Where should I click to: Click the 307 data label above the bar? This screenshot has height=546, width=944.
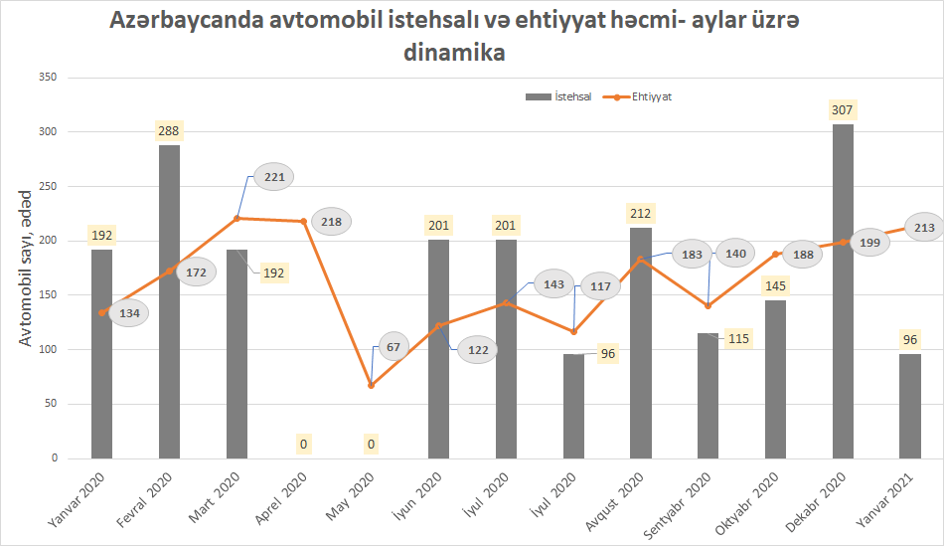pyautogui.click(x=844, y=109)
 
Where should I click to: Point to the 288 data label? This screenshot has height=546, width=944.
pyautogui.click(x=169, y=130)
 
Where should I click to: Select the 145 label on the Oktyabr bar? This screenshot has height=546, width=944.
pyautogui.click(x=775, y=286)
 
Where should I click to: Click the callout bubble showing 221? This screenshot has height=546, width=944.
pyautogui.click(x=273, y=178)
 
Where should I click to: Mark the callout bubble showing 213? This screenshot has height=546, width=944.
pyautogui.click(x=924, y=228)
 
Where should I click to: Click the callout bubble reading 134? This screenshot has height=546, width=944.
pyautogui.click(x=130, y=313)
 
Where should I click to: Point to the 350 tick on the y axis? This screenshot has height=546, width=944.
pyautogui.click(x=47, y=78)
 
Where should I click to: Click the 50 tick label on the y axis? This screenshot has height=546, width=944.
pyautogui.click(x=50, y=404)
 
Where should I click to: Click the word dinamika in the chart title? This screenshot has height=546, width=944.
pyautogui.click(x=454, y=54)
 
